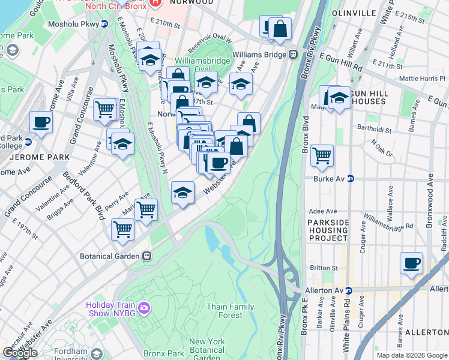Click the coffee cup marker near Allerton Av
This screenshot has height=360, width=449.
[x=411, y=263]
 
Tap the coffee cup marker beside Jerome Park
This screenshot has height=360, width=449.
[x=41, y=122]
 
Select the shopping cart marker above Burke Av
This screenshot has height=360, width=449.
[x=322, y=155]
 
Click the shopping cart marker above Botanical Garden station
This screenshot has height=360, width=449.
[x=122, y=229]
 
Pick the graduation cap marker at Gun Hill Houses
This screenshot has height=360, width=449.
[x=339, y=98]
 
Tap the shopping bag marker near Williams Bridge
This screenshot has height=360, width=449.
[x=280, y=28]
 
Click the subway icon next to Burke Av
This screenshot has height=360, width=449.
[x=351, y=179]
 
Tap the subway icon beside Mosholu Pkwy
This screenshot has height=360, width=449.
[x=104, y=24]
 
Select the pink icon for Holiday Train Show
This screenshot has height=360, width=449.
[x=143, y=308]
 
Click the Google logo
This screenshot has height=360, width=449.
[x=20, y=353]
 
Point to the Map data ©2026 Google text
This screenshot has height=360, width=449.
[x=411, y=355]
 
